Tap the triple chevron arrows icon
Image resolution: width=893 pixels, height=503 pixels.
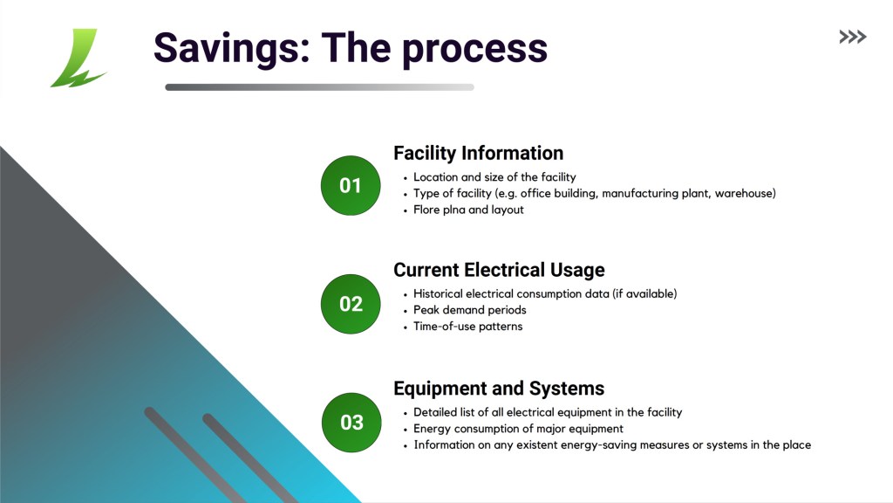click(853, 37)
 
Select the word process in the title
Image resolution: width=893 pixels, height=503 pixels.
click(474, 49)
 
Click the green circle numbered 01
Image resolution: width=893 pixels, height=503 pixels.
click(351, 185)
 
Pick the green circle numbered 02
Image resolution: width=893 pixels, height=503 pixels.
click(351, 304)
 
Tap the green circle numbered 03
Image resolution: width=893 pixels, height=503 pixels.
click(351, 423)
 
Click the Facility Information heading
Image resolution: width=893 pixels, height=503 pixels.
click(479, 153)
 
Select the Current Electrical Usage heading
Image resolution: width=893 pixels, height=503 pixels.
click(499, 270)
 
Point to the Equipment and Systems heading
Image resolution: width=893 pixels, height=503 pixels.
click(499, 389)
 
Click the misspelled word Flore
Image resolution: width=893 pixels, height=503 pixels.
click(426, 210)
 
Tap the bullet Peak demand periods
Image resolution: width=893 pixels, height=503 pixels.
click(470, 310)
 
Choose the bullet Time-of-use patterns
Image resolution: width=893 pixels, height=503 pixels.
click(467, 327)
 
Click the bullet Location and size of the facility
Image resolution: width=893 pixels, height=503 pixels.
click(494, 176)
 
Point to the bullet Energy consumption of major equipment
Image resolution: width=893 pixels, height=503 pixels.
click(518, 428)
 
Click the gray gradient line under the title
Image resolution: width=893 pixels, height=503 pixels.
click(319, 87)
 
